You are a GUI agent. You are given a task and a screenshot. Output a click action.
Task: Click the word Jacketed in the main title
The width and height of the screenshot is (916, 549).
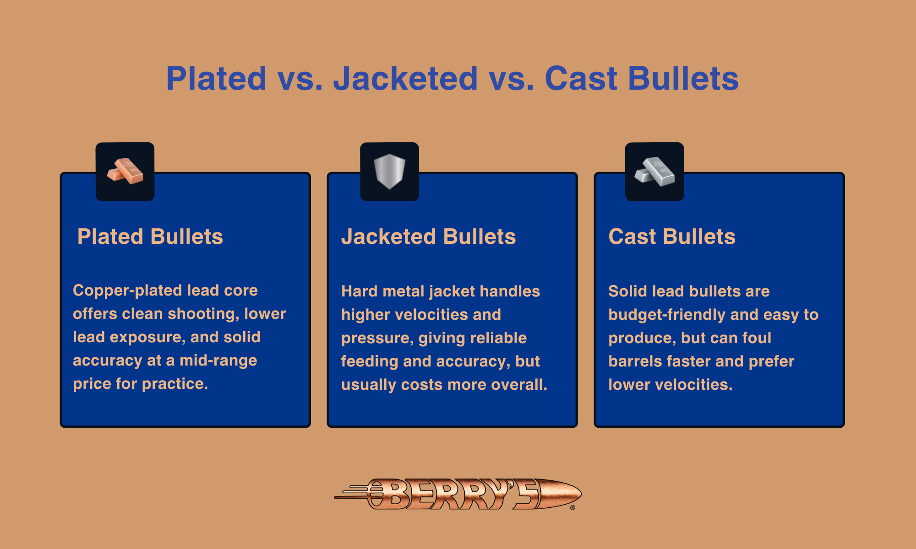405,79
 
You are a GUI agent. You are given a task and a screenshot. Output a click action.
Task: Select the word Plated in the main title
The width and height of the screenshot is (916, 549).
216,79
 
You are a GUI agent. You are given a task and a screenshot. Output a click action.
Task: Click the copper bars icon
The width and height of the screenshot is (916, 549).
125,172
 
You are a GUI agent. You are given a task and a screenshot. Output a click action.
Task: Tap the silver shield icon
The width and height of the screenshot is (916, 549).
389,172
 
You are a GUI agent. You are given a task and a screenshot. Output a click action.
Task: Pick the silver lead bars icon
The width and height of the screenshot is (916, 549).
654,172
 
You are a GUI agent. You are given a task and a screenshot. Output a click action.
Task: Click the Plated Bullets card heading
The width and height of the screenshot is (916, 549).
150,237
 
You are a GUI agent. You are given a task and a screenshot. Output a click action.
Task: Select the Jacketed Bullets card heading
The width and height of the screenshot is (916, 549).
429,237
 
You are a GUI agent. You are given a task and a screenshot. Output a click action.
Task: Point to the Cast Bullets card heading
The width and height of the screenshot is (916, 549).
672,237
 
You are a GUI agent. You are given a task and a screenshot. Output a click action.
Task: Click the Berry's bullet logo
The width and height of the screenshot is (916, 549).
458,494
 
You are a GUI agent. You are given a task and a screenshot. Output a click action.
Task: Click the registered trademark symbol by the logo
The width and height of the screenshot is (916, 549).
572,507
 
